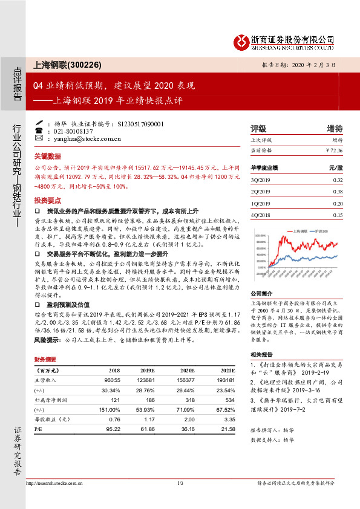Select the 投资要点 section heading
(x=48, y=199)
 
